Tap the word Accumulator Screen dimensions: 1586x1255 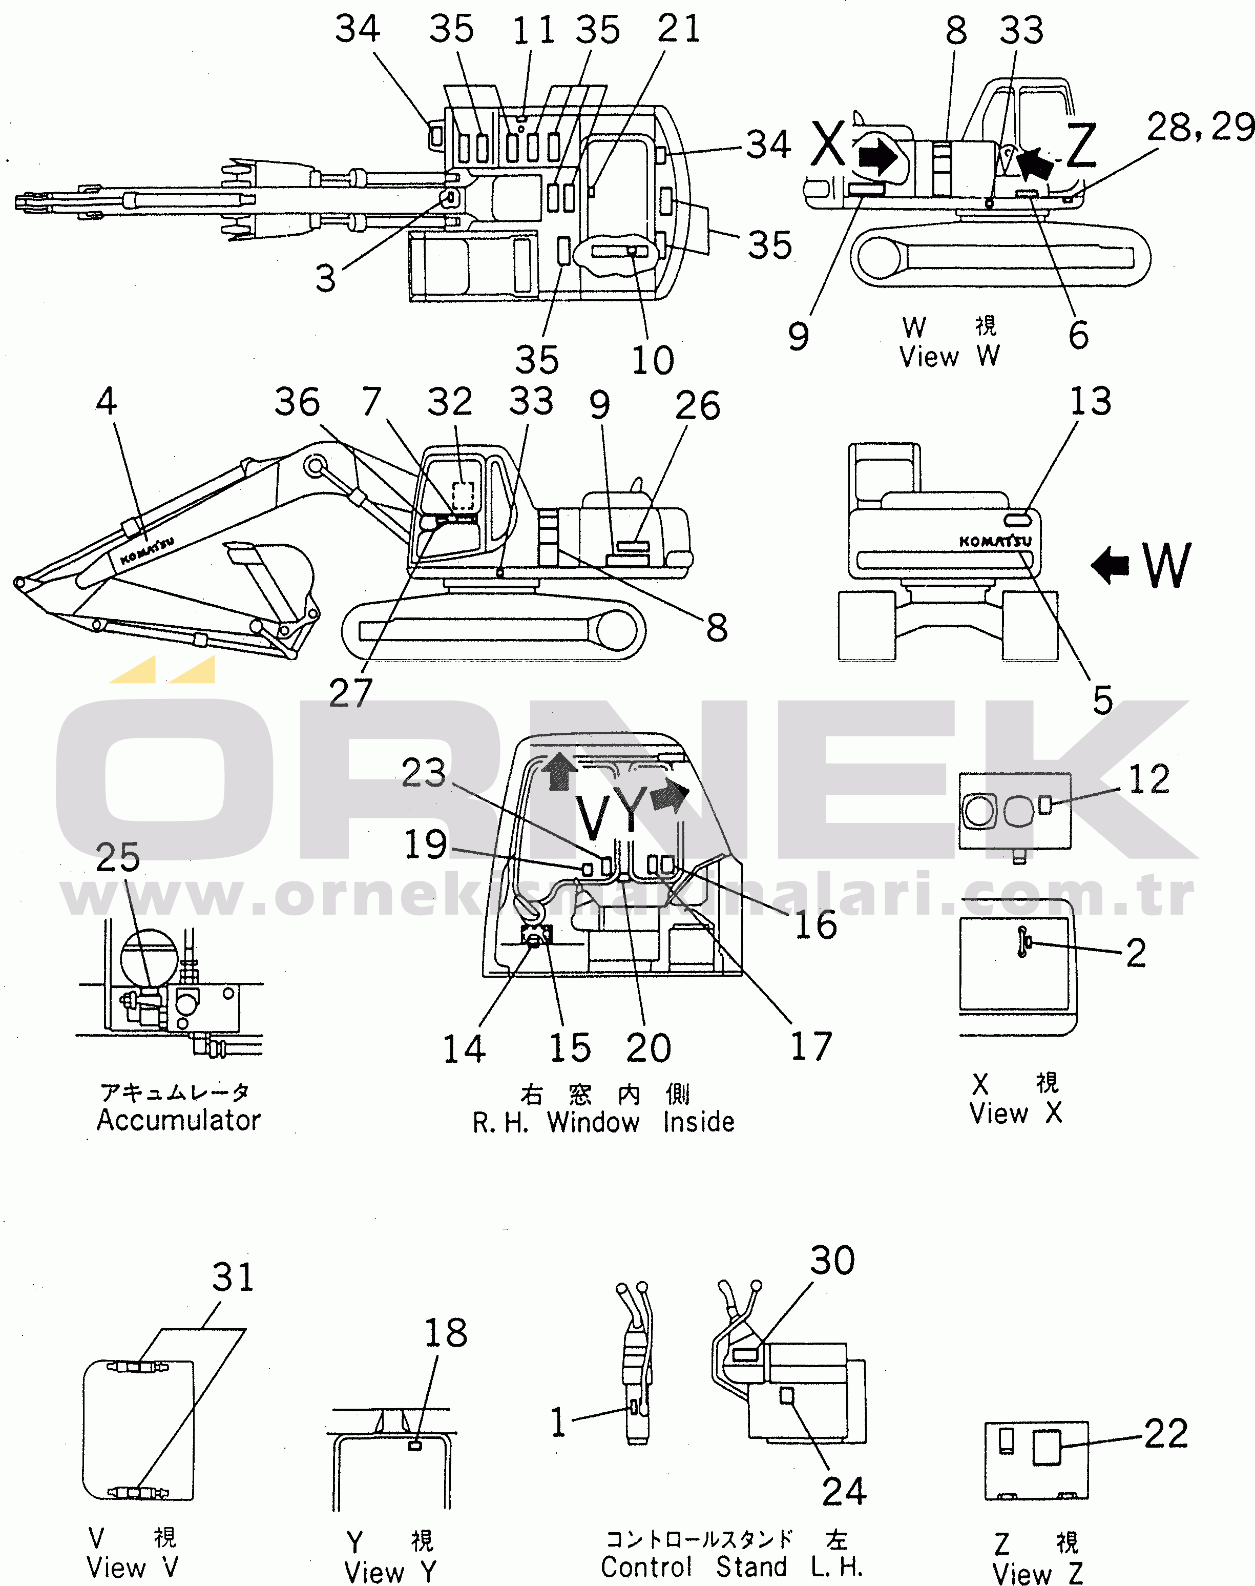179,1120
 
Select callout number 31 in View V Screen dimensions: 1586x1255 233,1278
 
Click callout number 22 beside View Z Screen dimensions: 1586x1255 1166,1433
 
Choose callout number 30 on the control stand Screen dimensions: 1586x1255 832,1261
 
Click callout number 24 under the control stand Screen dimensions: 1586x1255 844,1492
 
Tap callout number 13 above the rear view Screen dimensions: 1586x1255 1091,401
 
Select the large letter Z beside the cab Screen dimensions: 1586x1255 1081,145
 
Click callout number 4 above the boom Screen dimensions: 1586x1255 107,401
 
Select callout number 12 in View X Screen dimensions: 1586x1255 1148,779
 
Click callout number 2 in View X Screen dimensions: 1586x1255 1136,953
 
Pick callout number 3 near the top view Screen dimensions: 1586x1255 325,279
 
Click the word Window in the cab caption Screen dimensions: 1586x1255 593,1122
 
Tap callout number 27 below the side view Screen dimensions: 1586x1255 350,692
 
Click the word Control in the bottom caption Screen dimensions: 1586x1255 646,1567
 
